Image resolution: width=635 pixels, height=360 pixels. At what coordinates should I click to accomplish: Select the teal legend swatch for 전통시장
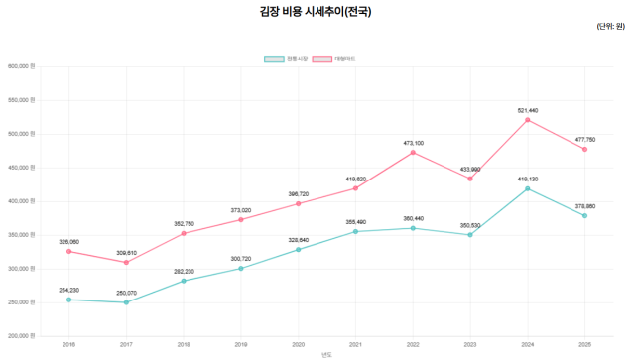pos(274,60)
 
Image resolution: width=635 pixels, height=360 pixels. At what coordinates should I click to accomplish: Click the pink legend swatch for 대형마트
pos(322,60)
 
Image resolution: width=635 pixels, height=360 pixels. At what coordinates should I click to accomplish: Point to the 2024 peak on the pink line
pos(527,120)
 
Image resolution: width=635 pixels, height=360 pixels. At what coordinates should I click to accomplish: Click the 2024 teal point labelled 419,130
pos(527,188)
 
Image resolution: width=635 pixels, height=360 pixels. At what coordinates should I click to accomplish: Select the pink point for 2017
pos(126,262)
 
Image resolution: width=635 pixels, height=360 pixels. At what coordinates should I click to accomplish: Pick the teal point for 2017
pos(126,302)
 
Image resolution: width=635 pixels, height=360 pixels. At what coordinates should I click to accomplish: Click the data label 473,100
pos(413,143)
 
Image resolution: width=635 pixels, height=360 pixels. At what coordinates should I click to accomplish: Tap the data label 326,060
pos(68,241)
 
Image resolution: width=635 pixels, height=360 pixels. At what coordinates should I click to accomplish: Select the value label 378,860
pos(584,206)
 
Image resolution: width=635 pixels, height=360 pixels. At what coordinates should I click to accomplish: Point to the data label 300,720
pos(241,258)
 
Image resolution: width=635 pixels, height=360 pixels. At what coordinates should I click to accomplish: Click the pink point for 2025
pos(584,150)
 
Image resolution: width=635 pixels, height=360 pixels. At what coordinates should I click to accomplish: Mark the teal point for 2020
pos(298,250)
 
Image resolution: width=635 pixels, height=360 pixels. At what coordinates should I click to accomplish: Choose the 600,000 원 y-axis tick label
pos(20,66)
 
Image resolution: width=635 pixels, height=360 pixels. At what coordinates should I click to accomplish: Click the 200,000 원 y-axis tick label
pos(20,336)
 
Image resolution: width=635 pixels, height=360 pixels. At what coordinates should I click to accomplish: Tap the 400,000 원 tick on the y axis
pos(20,201)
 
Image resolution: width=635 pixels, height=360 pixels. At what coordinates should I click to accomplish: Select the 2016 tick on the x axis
pos(68,344)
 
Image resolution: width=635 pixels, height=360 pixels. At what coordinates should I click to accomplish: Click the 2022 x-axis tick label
pos(413,344)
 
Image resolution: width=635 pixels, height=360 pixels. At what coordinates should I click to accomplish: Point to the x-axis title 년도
pos(327,354)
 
